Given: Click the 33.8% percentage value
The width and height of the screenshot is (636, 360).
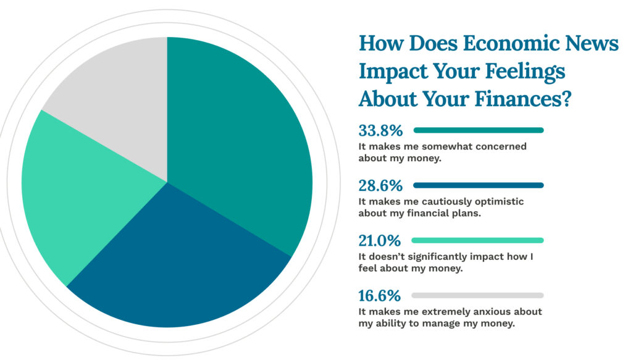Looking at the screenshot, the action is (x=380, y=130).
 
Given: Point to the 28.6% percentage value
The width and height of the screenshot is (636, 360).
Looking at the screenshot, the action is (x=380, y=186).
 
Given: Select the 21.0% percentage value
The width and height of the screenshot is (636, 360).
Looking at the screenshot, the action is (x=380, y=241).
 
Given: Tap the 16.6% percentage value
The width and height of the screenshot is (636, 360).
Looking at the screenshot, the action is (x=380, y=296).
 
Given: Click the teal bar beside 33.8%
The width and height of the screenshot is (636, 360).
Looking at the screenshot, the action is (x=479, y=130).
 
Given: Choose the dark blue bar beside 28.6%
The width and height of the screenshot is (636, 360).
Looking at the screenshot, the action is (x=479, y=185).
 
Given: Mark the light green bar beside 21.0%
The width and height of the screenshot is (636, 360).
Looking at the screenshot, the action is (x=477, y=240).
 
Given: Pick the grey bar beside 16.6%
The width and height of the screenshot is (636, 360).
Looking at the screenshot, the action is (x=477, y=296).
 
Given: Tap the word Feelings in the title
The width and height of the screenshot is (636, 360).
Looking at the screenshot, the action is (x=525, y=72).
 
